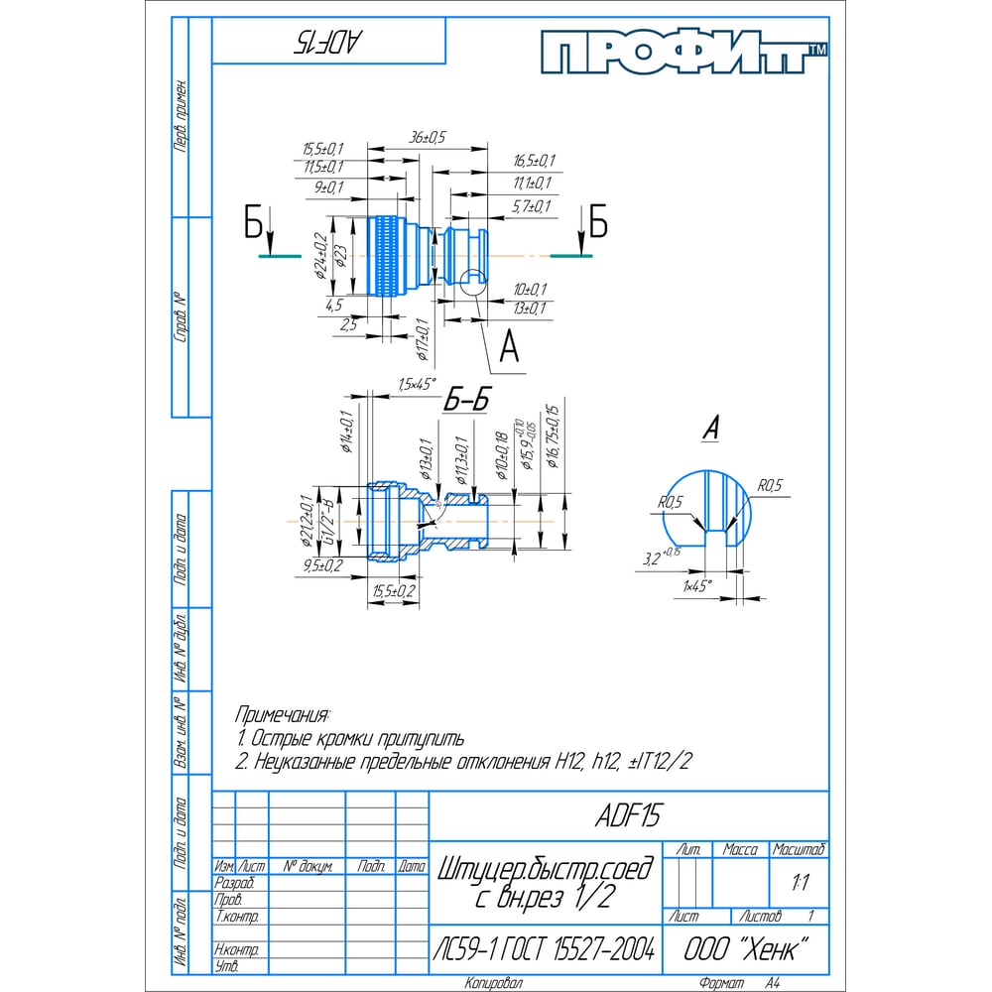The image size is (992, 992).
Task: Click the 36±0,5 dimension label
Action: coord(429,136)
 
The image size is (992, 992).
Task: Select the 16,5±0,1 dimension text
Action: coord(535,161)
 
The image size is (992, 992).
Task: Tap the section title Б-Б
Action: coord(466,400)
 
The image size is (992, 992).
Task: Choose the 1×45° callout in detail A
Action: coord(697,586)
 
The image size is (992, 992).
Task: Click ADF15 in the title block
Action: coord(627,815)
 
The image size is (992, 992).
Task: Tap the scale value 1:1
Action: coord(799,880)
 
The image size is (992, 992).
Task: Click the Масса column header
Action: coord(740,850)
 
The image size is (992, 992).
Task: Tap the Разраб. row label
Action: coord(234,882)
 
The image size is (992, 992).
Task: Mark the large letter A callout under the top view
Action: coord(509,348)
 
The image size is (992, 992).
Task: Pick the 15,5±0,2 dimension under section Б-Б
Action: coord(394,591)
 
